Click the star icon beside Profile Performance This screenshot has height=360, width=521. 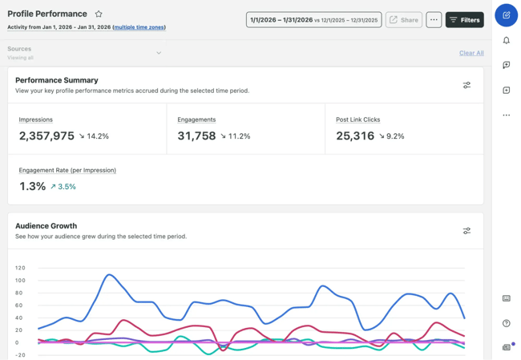pos(99,14)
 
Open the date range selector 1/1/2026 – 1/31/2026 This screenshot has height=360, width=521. pos(313,19)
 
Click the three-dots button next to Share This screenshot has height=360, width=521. pos(434,19)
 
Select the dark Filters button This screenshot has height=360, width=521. pos(464,19)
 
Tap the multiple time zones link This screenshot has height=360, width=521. pos(139,27)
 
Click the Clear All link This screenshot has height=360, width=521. pos(471,53)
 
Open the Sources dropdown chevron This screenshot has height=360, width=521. pos(159,53)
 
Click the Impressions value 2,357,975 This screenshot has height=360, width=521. pos(46,136)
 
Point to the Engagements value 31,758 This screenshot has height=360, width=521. pos(196,136)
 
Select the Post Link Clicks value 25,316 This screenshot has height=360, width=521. pos(355,136)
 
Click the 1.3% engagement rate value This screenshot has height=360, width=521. pos(32,186)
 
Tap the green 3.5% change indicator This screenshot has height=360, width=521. pos(63,187)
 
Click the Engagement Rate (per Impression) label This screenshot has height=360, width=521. pos(67,170)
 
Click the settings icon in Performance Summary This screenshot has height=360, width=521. pos(466,85)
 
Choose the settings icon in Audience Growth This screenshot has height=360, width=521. pos(466,231)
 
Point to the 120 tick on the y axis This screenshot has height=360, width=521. pos(20,268)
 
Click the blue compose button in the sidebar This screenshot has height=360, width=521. pos(507,14)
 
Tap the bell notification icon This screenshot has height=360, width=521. pos(507,40)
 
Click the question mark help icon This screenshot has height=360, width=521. pos(507,323)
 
